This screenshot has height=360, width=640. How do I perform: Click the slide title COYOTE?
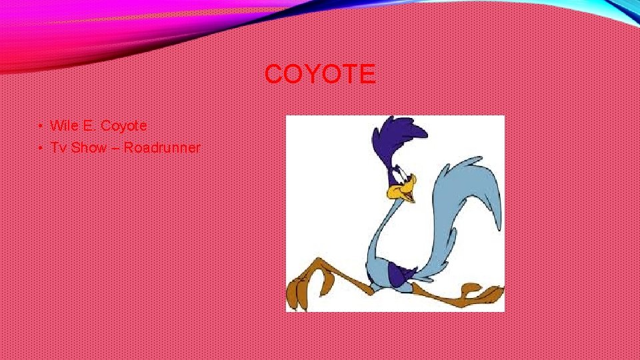(320, 74)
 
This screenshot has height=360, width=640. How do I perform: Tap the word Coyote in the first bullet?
(124, 125)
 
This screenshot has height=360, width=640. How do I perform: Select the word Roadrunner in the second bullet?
(162, 147)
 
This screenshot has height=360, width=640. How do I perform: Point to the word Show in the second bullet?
(89, 147)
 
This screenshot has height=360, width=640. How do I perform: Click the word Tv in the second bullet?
(59, 147)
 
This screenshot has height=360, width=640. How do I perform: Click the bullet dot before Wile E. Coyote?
(41, 126)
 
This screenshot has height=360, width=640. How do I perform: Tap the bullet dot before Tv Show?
(41, 148)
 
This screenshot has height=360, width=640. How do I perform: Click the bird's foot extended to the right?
(483, 293)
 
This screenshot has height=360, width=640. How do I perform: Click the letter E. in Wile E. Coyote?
(90, 125)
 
